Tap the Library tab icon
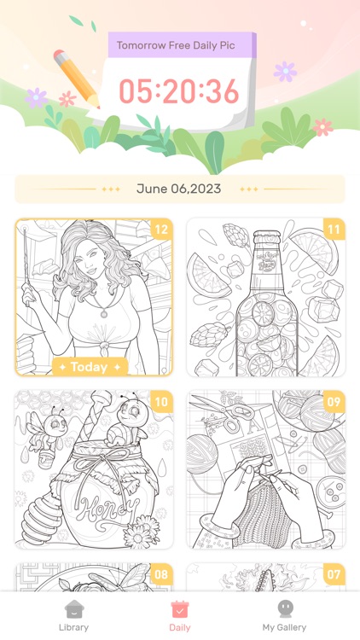(73, 609)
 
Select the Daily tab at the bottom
(179, 609)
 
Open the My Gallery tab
(284, 609)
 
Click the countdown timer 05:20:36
(179, 90)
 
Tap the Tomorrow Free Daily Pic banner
(181, 45)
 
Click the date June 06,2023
(179, 189)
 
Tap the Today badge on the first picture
(90, 367)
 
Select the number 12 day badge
(160, 229)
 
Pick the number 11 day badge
(334, 229)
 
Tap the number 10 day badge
(160, 402)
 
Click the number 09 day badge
(334, 402)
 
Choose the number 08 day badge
(160, 574)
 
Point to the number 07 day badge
(334, 574)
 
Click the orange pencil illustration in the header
(75, 79)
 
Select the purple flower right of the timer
(285, 71)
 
